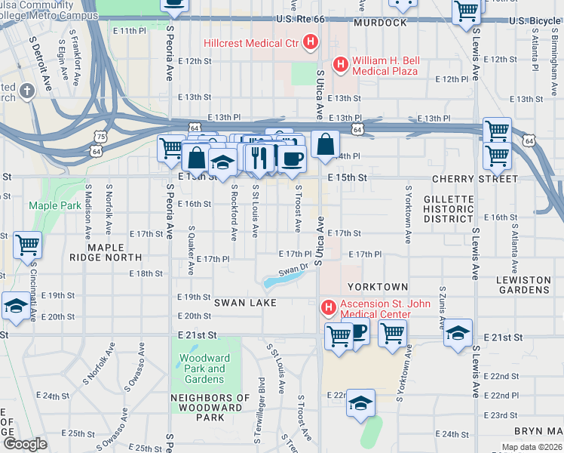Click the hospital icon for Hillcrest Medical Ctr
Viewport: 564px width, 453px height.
310,43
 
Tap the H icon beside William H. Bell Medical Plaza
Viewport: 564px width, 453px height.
340,65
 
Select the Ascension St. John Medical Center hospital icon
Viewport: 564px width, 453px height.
328,308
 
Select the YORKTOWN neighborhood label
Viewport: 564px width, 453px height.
377,288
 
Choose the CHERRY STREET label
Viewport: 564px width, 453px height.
475,179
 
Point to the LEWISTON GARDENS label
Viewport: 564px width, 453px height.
523,285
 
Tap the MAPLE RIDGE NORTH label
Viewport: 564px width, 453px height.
115,252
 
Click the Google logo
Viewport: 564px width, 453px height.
25,443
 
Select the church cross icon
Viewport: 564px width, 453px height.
28,92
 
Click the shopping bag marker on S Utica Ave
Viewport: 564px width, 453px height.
325,143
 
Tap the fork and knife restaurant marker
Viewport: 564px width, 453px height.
258,158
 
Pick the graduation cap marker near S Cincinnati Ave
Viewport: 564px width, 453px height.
15,306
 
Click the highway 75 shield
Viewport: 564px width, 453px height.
100,137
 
